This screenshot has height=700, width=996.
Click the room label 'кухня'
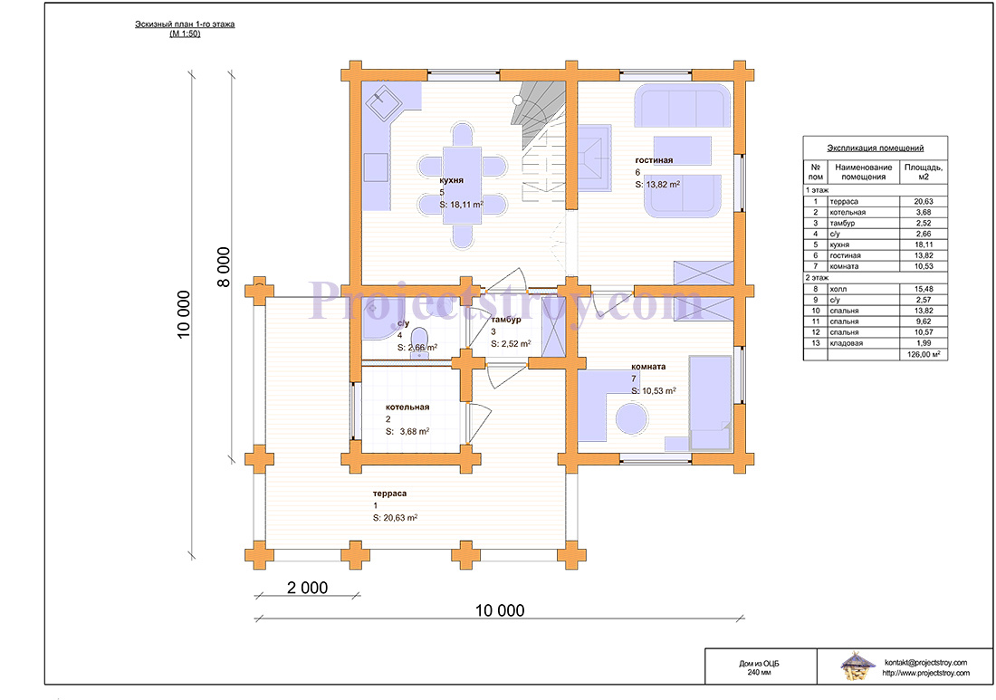pos(451,180)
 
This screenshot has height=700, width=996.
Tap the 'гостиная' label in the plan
pos(654,160)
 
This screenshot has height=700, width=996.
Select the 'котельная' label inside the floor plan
pos(407,408)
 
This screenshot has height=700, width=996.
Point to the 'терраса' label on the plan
pos(389,494)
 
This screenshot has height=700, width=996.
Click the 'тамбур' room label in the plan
pos(505,320)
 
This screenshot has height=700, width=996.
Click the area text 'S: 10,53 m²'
pos(654,390)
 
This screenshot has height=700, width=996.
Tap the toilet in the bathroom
pos(419,343)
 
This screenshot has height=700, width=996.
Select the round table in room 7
pos(631,419)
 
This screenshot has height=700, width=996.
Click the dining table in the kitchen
pos(462,185)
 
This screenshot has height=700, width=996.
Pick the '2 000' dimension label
pos(308,588)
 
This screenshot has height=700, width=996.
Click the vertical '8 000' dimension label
pos(224,267)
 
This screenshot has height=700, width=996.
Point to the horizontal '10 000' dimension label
pos(500,610)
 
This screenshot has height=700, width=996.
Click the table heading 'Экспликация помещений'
pos(875,148)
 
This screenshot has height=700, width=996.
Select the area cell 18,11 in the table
pos(924,245)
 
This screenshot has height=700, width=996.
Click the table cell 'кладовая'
pos(846,343)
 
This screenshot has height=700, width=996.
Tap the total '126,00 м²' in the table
pos(924,354)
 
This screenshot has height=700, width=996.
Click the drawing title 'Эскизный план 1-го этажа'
pos(185,24)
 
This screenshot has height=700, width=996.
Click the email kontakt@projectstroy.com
pos(925,663)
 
